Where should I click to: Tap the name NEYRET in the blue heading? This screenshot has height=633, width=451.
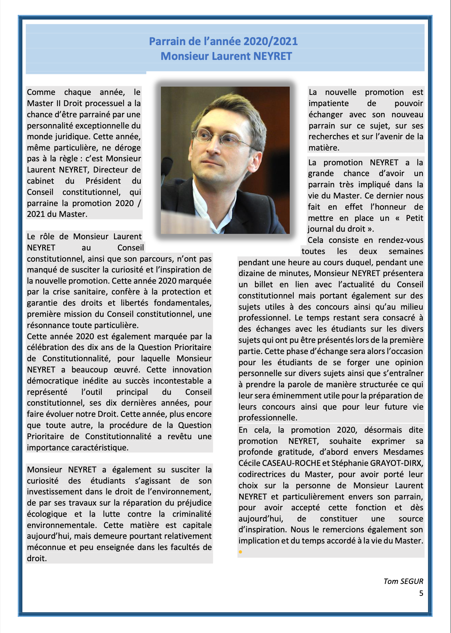click(x=272, y=56)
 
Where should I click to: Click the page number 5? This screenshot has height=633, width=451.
click(x=421, y=593)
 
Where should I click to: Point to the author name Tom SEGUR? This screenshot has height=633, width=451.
click(x=403, y=581)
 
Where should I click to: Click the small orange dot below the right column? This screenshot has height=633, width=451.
click(x=240, y=552)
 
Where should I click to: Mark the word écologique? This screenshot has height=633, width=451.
click(x=47, y=514)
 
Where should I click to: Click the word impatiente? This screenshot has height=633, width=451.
click(x=328, y=103)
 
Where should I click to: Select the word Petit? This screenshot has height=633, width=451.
click(x=414, y=218)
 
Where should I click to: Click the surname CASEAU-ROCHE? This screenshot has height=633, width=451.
click(x=291, y=463)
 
